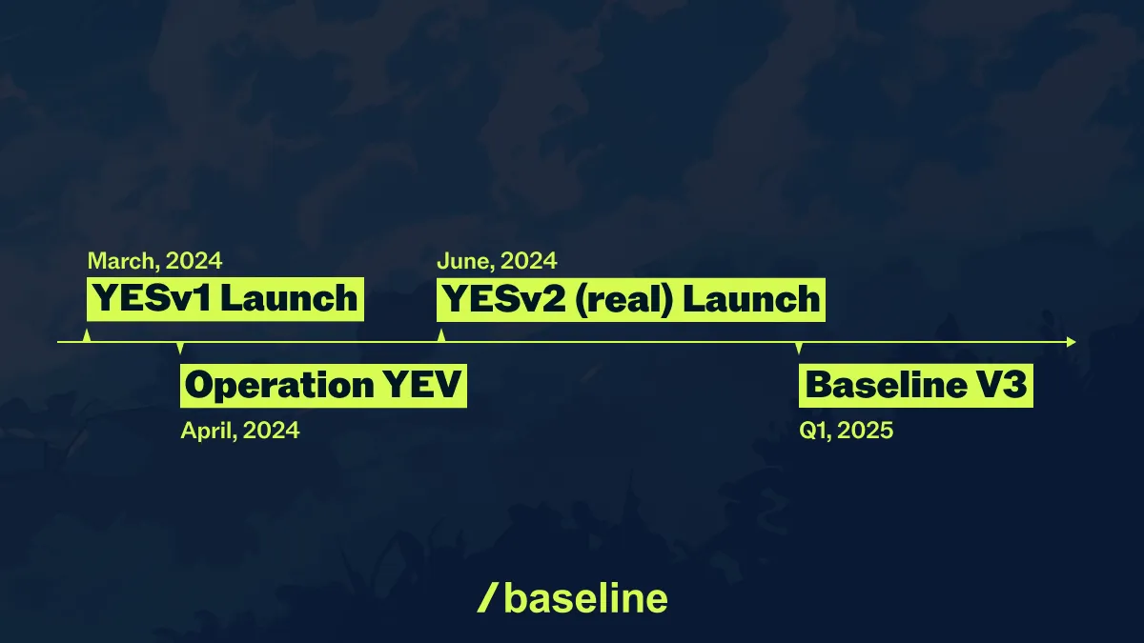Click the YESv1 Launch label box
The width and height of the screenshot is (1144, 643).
pyautogui.click(x=225, y=299)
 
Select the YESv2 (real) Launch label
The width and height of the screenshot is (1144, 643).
pyautogui.click(x=631, y=299)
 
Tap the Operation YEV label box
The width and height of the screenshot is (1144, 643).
pyautogui.click(x=323, y=385)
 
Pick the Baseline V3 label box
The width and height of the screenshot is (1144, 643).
pyautogui.click(x=916, y=385)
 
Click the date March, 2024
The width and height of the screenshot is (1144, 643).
pyautogui.click(x=154, y=261)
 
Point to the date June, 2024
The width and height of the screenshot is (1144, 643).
pyautogui.click(x=497, y=261)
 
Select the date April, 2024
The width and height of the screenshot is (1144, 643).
pyautogui.click(x=240, y=431)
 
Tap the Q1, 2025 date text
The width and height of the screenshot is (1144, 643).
pyautogui.click(x=846, y=431)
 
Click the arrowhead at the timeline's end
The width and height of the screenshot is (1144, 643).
pyautogui.click(x=1072, y=342)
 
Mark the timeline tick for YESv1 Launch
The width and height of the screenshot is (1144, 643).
pyautogui.click(x=87, y=335)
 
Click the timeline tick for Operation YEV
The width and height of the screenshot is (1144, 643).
pyautogui.click(x=180, y=348)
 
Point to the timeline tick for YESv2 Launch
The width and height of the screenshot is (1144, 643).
pyautogui.click(x=441, y=335)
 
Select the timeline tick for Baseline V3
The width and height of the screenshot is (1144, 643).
pyautogui.click(x=799, y=348)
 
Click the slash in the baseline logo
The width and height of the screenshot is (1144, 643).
pyautogui.click(x=487, y=598)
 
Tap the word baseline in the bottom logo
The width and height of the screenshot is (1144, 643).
pyautogui.click(x=585, y=598)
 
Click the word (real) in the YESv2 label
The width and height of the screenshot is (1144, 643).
pyautogui.click(x=624, y=299)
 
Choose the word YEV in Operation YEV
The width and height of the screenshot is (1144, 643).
pyautogui.click(x=421, y=385)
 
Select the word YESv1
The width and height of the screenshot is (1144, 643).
pyautogui.click(x=153, y=298)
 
